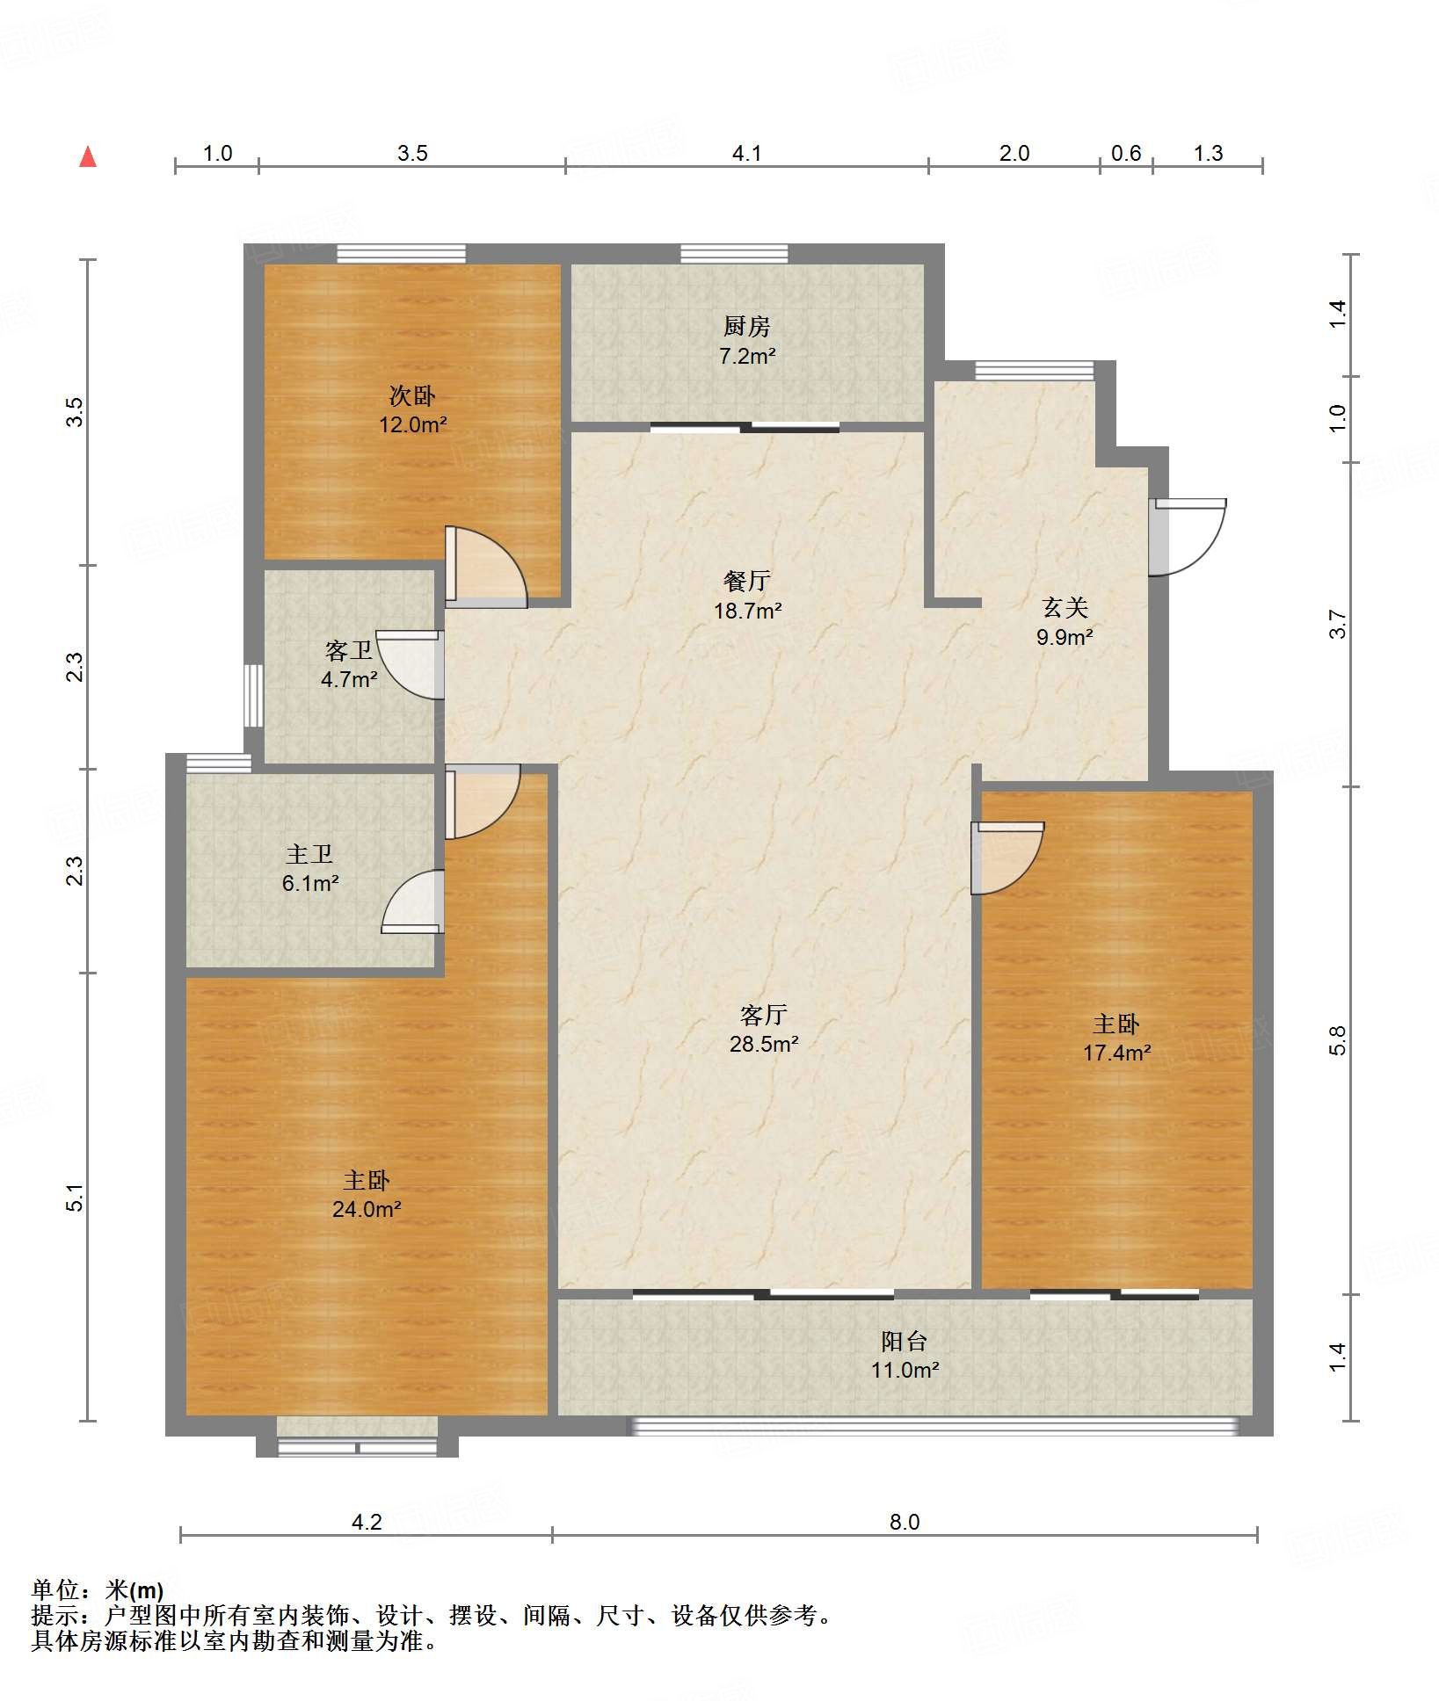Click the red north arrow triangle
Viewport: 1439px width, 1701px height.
tap(88, 156)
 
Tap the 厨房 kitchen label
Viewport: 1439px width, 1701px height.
tap(746, 326)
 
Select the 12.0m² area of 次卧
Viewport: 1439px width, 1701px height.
tap(413, 425)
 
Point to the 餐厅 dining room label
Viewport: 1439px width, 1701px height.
tap(747, 581)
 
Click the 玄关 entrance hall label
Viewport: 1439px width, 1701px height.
tap(1065, 607)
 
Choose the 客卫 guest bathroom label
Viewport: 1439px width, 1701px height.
tap(349, 650)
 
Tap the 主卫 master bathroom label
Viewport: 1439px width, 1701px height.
tap(309, 854)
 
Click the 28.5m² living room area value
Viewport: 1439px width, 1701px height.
tap(764, 1044)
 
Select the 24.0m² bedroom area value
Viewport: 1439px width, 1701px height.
tap(367, 1209)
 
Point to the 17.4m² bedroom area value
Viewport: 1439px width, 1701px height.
tap(1117, 1053)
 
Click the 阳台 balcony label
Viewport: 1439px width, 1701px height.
tap(905, 1342)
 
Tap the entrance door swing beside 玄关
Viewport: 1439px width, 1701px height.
tap(1187, 537)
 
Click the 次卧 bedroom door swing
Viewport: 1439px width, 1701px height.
tap(486, 567)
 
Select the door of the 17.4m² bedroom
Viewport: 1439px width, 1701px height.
tap(1007, 858)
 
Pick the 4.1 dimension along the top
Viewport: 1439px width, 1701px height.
tap(747, 154)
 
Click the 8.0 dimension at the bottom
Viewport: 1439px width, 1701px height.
tap(905, 1523)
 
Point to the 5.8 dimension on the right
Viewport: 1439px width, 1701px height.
tap(1337, 1040)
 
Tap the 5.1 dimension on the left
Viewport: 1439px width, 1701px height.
tap(76, 1198)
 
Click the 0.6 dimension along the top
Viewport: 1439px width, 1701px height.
tap(1126, 154)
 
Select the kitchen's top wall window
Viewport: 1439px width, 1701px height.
tap(734, 254)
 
